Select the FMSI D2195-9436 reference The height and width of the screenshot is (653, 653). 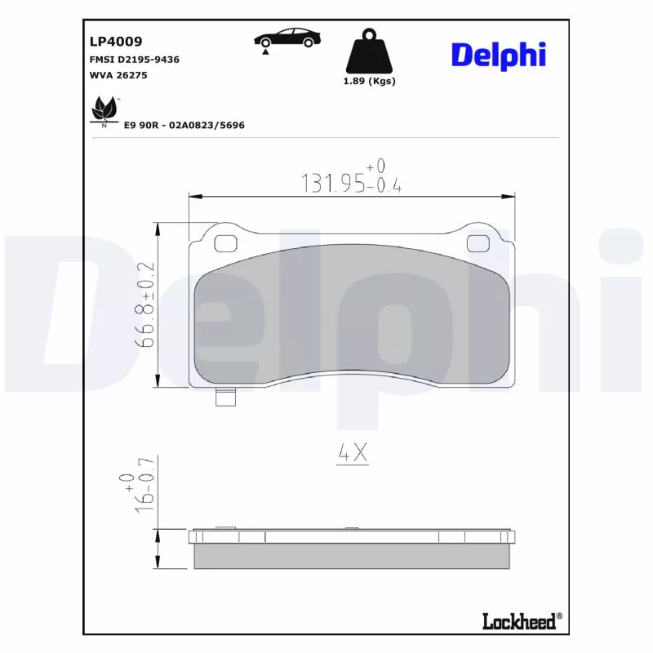click(134, 60)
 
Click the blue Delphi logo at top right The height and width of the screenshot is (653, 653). click(498, 55)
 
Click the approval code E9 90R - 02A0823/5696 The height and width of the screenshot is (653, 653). click(184, 126)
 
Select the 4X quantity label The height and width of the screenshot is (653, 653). click(353, 454)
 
